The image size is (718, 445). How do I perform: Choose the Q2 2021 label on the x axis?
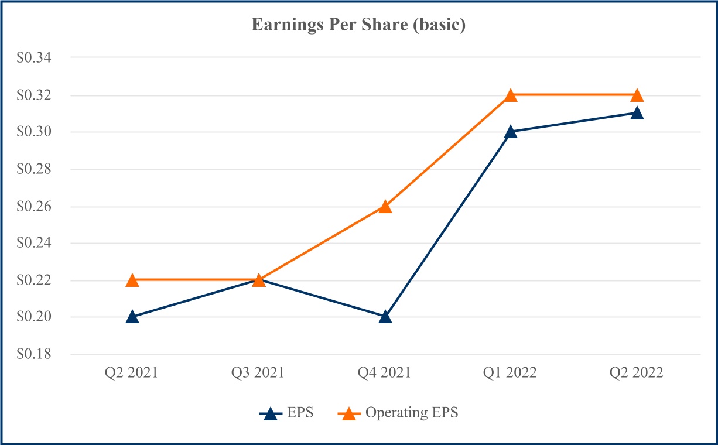coord(132,373)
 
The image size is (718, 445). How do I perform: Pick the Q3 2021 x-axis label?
coord(259,373)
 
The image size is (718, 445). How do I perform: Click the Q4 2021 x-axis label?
coord(385,373)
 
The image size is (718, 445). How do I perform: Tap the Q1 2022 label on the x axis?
coord(511,373)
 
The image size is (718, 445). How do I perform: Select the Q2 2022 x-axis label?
coord(637,373)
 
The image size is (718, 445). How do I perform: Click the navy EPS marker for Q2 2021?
coord(132,317)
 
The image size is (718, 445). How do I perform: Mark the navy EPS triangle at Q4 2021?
coord(385,317)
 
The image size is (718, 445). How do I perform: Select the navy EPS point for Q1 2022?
coord(511,132)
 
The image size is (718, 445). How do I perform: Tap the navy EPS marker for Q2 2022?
coord(637,113)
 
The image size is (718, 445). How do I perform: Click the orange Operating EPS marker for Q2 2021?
coord(132,280)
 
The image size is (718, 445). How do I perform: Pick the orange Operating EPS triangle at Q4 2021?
coord(385,206)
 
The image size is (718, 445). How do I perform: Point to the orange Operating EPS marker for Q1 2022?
coord(511,95)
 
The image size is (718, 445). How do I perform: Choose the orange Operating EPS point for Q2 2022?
coord(637,95)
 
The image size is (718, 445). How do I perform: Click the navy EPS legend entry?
coord(287,413)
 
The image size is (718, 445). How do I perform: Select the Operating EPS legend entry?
coord(398,413)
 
